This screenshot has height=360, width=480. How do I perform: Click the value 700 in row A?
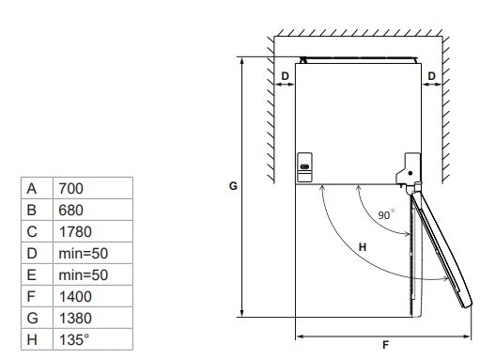(x=70, y=189)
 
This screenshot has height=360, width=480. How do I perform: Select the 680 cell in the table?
(x=70, y=211)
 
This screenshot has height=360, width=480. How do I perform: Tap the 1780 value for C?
(x=75, y=232)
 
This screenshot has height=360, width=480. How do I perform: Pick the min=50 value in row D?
(x=84, y=254)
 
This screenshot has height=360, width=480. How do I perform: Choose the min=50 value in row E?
(x=84, y=275)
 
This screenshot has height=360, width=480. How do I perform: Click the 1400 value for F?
(x=75, y=297)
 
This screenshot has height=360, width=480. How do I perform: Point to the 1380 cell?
(x=75, y=319)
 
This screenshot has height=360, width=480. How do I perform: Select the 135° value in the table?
(x=74, y=340)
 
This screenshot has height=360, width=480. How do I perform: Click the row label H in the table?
(x=32, y=340)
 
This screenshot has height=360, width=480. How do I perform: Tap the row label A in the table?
(x=32, y=189)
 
